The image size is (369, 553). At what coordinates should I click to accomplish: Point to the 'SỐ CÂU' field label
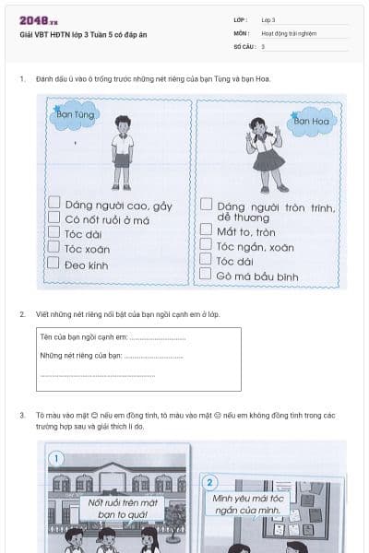(243, 45)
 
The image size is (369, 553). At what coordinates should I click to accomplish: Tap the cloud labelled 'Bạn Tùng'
(76, 117)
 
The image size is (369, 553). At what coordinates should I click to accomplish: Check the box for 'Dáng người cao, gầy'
(54, 203)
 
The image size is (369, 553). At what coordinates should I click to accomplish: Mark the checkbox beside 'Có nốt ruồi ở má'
(54, 218)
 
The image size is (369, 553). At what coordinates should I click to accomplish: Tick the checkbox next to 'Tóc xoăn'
(54, 249)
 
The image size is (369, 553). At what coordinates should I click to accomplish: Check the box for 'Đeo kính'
(54, 265)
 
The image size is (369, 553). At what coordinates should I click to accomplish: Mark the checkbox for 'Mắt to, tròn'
(207, 231)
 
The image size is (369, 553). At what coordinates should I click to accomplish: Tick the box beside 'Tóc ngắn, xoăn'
(207, 246)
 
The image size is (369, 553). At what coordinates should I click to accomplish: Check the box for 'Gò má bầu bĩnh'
(207, 276)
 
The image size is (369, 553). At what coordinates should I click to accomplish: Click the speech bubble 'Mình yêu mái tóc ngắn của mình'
(245, 504)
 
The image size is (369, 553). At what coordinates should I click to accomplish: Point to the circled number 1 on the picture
(57, 458)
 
